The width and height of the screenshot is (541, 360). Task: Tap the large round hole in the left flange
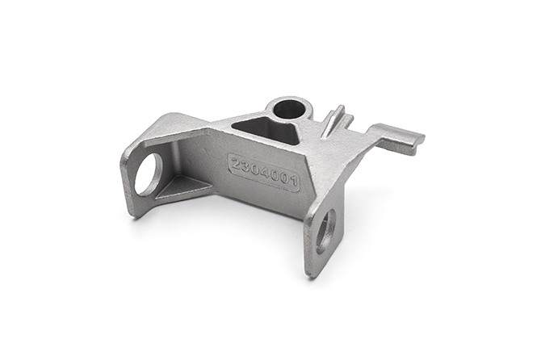point(149,174)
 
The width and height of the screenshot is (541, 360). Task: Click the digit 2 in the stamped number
point(237,164)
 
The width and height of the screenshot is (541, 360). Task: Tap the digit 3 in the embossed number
point(245,167)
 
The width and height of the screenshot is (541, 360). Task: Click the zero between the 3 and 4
point(255,170)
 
